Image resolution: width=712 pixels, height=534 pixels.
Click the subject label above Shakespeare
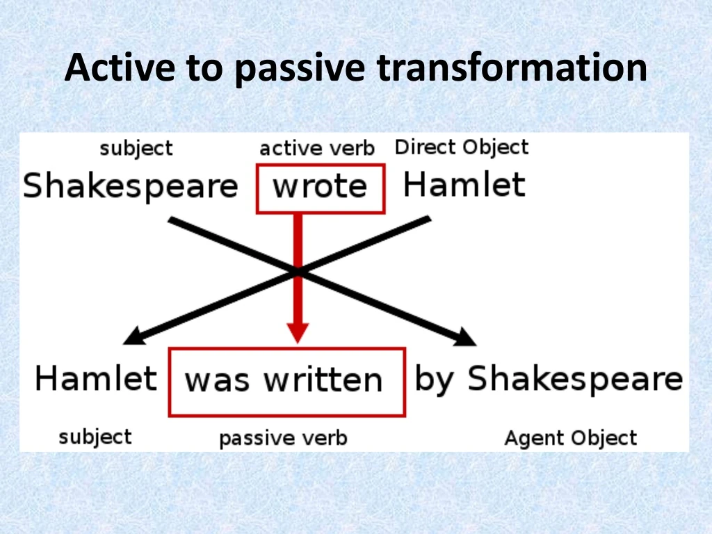136,149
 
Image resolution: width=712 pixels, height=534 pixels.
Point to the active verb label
316,148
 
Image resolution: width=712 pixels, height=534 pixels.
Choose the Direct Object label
462,147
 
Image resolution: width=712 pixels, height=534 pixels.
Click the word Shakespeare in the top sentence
130,187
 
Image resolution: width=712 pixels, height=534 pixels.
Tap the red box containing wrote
320,188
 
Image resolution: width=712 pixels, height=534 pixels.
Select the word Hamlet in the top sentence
464,185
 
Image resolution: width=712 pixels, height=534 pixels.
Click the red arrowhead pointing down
298,331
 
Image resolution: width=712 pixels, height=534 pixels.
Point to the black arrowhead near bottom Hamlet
133,337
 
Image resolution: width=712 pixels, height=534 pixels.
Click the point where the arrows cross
298,272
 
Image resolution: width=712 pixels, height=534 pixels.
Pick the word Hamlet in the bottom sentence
96,379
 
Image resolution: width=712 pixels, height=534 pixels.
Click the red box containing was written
286,382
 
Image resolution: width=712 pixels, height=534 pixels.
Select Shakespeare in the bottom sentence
574,380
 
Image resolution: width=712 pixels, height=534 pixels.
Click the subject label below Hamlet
95,437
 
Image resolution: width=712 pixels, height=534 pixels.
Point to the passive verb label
283,439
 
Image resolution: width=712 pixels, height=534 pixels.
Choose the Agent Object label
570,439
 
